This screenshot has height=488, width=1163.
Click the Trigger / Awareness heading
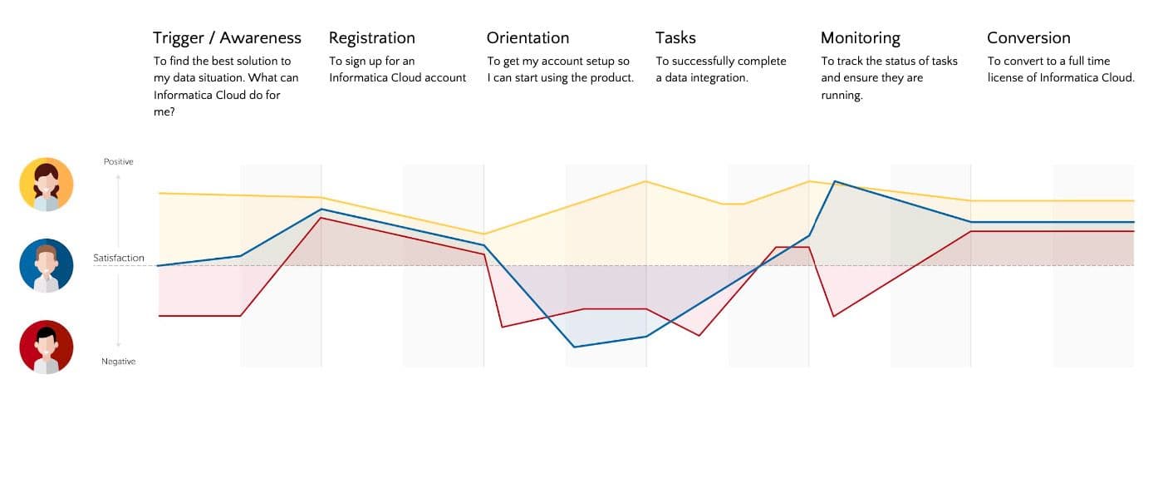(x=227, y=37)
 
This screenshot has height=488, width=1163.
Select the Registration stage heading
(x=371, y=37)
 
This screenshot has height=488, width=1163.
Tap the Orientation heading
(x=528, y=37)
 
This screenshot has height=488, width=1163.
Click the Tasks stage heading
(x=675, y=37)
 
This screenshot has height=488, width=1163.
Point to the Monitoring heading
(x=860, y=37)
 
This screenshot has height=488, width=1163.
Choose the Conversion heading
(x=1028, y=37)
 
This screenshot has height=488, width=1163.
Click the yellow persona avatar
(x=47, y=185)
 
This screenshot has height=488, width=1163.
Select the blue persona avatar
(x=47, y=266)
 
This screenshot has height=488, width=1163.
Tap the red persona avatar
(x=47, y=347)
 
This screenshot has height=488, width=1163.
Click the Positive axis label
(x=118, y=161)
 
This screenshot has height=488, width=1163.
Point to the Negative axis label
(x=118, y=362)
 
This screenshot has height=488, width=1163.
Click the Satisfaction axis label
(x=119, y=258)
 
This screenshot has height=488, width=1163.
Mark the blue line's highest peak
(x=834, y=181)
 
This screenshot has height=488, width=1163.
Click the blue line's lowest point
(x=574, y=347)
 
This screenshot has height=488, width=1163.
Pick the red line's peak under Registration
(x=321, y=218)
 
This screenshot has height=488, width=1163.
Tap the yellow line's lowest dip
(x=484, y=234)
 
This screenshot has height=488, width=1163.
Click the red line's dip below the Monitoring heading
(x=833, y=316)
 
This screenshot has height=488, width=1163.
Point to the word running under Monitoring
(x=842, y=96)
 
